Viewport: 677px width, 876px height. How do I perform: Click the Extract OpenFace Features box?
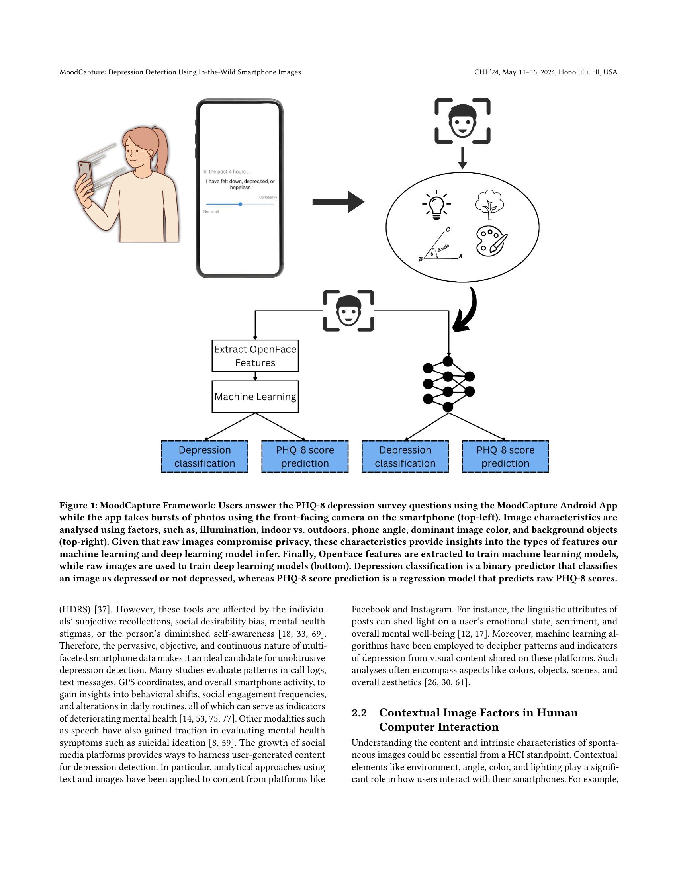[x=255, y=356]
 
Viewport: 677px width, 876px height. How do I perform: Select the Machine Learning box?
[x=255, y=396]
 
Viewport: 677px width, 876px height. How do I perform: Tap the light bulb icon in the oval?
[x=436, y=204]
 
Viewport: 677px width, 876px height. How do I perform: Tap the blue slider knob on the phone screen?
[x=240, y=204]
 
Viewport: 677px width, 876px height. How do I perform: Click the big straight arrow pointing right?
[x=338, y=202]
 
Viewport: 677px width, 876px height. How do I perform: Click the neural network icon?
[x=448, y=384]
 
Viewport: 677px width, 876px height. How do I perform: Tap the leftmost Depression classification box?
[x=205, y=456]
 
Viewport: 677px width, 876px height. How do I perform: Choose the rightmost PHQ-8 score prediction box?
[x=505, y=456]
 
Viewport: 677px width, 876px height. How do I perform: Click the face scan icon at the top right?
[x=462, y=121]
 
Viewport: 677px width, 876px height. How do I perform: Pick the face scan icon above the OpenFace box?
[x=348, y=311]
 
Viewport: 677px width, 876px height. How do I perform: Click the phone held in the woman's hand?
[x=86, y=175]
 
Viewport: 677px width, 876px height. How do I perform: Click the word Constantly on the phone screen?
[x=268, y=197]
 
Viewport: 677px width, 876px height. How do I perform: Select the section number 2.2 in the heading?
[x=359, y=713]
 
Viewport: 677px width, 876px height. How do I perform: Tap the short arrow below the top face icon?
[x=462, y=158]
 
